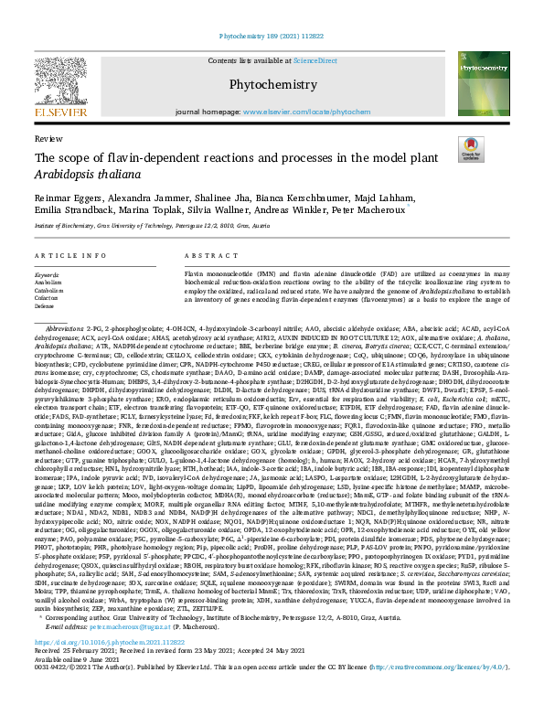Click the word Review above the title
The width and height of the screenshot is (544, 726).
[43, 138]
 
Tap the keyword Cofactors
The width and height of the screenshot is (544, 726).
[49, 298]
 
